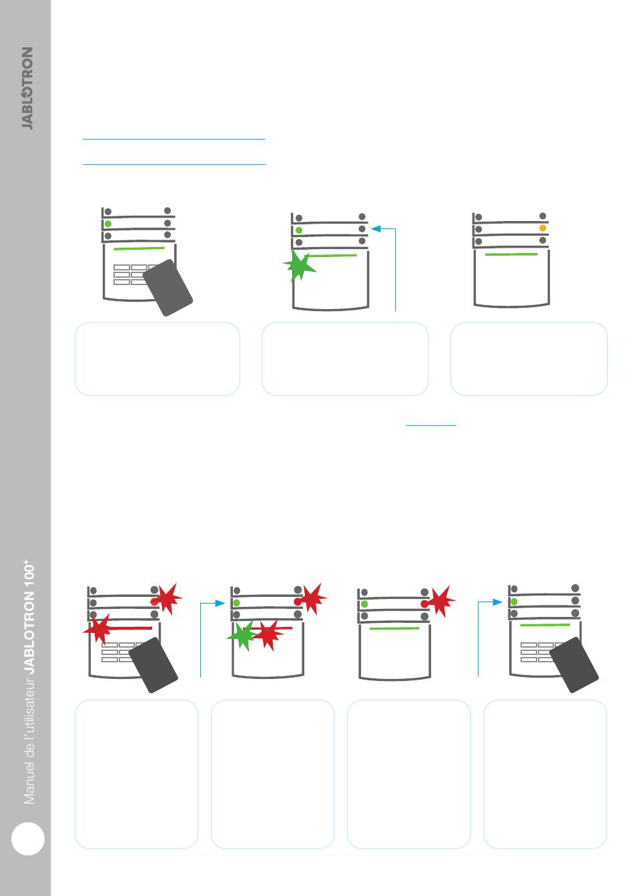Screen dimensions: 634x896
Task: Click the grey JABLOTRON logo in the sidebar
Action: [27, 88]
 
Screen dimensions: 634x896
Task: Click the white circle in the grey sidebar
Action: [27, 839]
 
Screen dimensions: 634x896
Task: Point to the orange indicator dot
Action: [543, 228]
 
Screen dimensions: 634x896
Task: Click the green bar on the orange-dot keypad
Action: [511, 254]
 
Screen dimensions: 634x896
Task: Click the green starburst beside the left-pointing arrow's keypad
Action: [299, 266]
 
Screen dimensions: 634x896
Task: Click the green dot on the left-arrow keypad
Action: [298, 230]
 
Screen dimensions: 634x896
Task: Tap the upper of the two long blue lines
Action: [174, 139]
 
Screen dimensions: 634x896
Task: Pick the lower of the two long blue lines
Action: [174, 164]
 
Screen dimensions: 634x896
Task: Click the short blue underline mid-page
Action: [431, 425]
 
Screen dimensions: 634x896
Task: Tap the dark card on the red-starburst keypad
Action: [153, 665]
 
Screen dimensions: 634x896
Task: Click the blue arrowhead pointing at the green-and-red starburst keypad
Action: [220, 603]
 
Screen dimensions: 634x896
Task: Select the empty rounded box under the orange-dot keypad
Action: [529, 359]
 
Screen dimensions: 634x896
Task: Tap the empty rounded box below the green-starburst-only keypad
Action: [345, 359]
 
